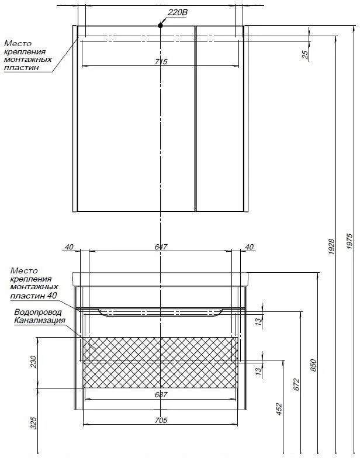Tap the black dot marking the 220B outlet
(x=160, y=25)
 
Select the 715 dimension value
(x=161, y=61)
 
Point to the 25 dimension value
(x=304, y=54)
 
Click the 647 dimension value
(x=161, y=247)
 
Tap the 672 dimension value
(x=296, y=384)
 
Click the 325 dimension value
(x=33, y=422)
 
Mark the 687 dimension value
(x=161, y=394)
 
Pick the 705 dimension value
(x=161, y=420)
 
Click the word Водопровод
(x=38, y=312)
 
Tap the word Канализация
(x=39, y=320)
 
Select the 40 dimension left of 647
(x=68, y=247)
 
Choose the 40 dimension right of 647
(x=250, y=247)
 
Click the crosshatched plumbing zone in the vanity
(x=161, y=362)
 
